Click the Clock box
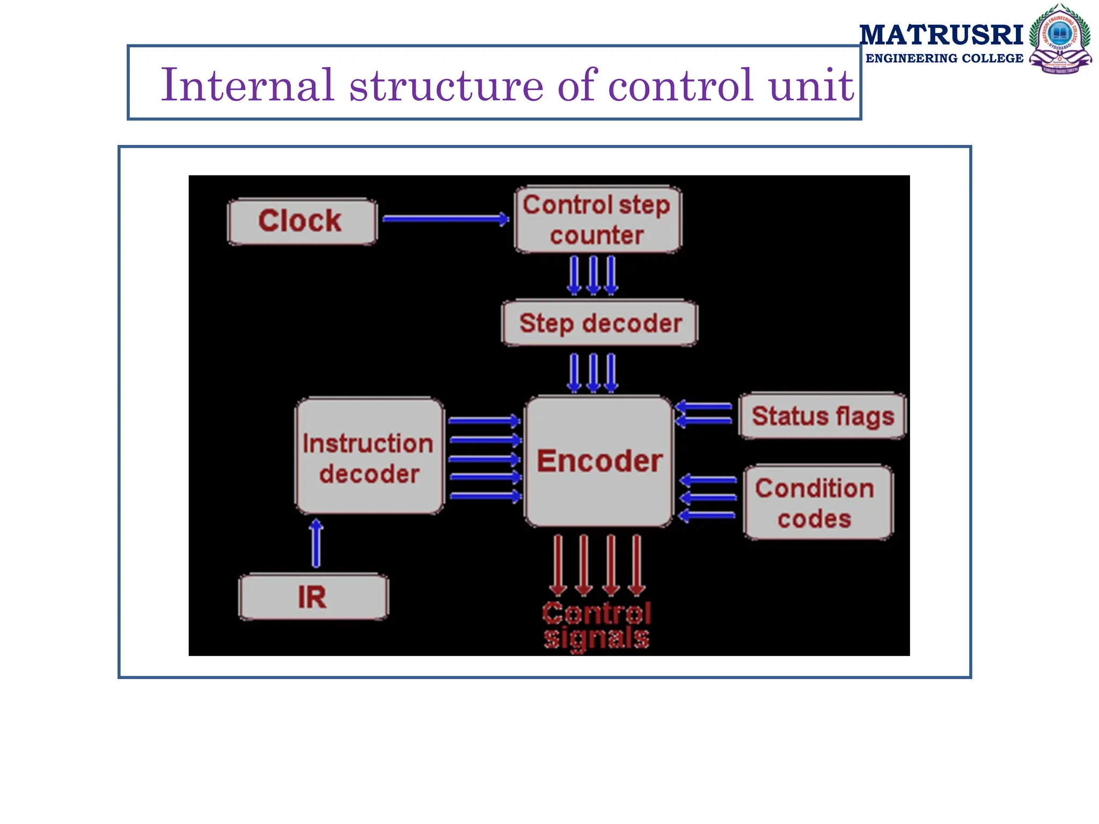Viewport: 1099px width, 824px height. pos(302,221)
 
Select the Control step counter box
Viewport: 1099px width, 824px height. pos(597,219)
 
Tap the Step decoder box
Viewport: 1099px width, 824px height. pos(599,323)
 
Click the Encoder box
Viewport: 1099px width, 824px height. pos(599,461)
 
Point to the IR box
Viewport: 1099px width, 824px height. pos(313,597)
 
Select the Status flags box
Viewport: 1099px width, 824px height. pos(822,416)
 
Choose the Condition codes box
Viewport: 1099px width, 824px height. pos(818,503)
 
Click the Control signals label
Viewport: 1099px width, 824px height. pos(597,626)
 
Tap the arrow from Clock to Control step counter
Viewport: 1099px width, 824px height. pos(445,218)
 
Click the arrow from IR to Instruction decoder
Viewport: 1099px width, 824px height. pos(317,543)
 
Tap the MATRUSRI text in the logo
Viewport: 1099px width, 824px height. pos(941,35)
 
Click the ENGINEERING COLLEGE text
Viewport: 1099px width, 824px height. pos(944,58)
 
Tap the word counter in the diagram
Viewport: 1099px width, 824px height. pos(597,236)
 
